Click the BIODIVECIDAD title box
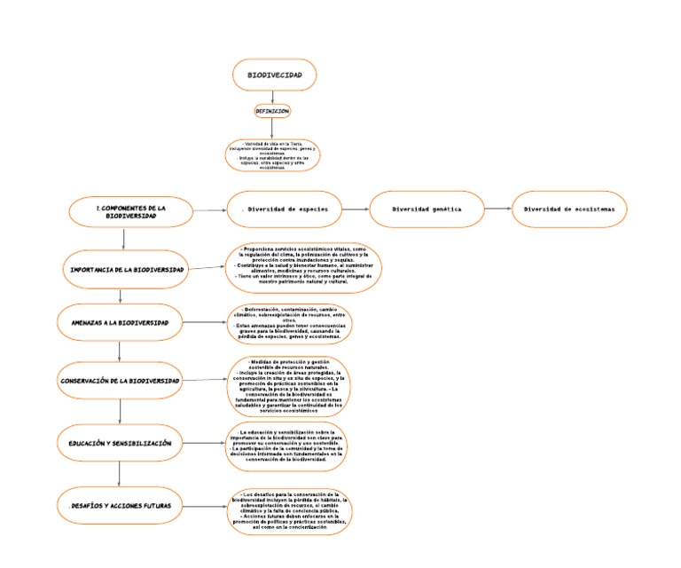pyautogui.click(x=273, y=75)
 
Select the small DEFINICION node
pyautogui.click(x=272, y=112)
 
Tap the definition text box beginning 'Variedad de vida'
pyautogui.click(x=273, y=154)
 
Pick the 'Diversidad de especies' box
pyautogui.click(x=284, y=209)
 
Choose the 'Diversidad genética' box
pyautogui.click(x=427, y=209)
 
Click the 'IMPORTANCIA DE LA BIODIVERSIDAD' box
pyautogui.click(x=125, y=268)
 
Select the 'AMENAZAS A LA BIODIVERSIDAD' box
pyautogui.click(x=120, y=323)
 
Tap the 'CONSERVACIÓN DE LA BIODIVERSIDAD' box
pyautogui.click(x=121, y=380)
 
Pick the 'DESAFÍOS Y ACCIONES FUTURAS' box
pyautogui.click(x=120, y=506)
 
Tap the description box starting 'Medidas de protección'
pyautogui.click(x=288, y=387)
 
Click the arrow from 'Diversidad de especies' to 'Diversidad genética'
pyautogui.click(x=356, y=209)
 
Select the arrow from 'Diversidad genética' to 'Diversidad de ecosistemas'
pyautogui.click(x=498, y=209)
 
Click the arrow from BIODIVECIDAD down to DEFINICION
pyautogui.click(x=273, y=97)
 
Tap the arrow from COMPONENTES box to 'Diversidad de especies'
pyautogui.click(x=209, y=210)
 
